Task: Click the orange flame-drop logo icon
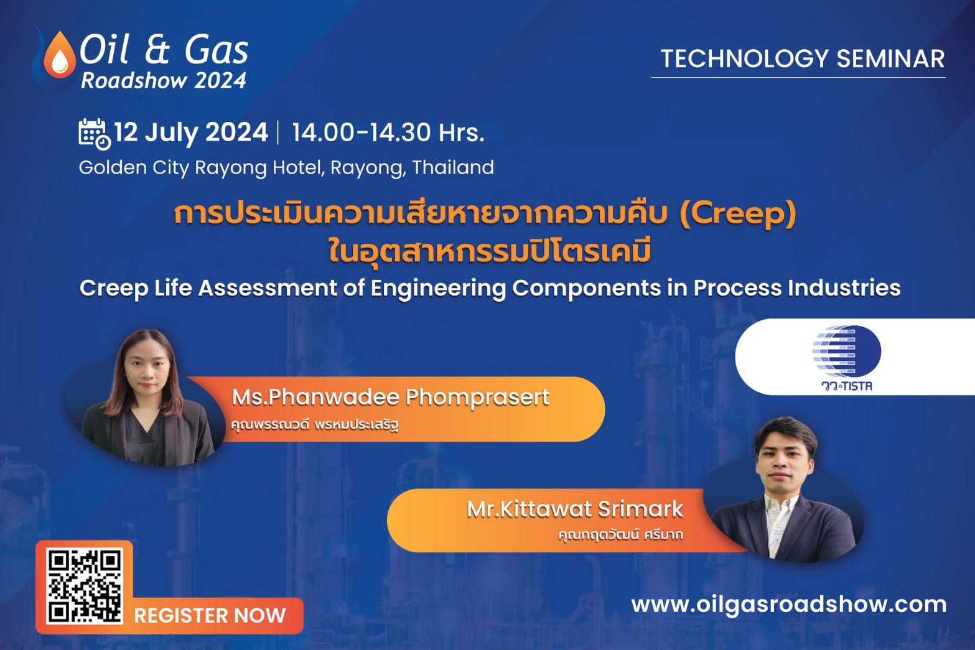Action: [60, 56]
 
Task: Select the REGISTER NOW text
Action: [210, 616]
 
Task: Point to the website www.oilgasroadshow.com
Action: [789, 605]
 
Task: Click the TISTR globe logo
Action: [847, 351]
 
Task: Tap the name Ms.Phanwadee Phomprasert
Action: [390, 397]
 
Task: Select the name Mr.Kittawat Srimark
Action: [574, 509]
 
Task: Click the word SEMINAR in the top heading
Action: [890, 58]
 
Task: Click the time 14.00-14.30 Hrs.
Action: [388, 132]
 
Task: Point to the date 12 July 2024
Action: [190, 132]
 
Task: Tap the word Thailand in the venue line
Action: [453, 167]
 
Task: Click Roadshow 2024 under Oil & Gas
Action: [164, 80]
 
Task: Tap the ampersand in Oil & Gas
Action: [157, 50]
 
